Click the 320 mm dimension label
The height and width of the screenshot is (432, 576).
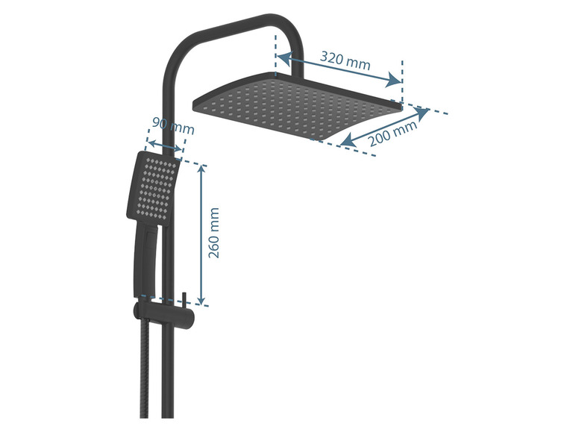point(345,60)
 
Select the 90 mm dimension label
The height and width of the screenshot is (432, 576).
point(172,125)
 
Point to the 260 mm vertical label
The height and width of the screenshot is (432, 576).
point(213,233)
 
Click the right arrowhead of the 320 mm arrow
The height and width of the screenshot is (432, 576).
point(393,81)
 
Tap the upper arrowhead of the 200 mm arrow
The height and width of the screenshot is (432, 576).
point(422,113)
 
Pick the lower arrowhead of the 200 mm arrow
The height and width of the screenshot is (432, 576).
point(348,141)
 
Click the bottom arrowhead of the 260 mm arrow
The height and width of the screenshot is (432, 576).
point(201,299)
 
